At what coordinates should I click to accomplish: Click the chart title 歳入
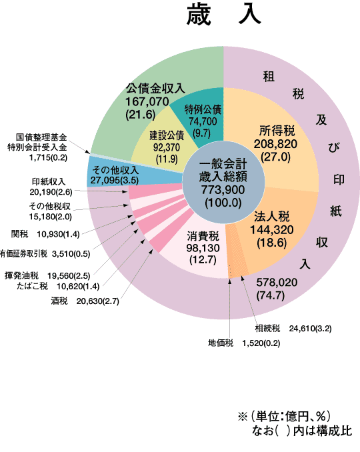click(x=224, y=15)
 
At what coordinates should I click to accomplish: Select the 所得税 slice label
click(x=277, y=131)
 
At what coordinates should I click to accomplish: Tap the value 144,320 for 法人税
click(x=271, y=230)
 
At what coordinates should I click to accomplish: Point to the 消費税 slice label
click(x=203, y=236)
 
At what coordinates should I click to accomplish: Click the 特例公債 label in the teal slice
click(x=203, y=109)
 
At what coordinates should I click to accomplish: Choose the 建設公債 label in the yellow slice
click(x=167, y=135)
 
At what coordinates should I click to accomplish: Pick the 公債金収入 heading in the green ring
click(x=155, y=88)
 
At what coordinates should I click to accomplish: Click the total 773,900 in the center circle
click(x=223, y=190)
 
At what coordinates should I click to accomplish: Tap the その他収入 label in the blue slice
click(x=115, y=170)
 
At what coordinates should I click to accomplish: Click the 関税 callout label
click(x=19, y=234)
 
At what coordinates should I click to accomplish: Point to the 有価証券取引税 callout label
click(x=23, y=254)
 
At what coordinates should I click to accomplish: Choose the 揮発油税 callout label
click(x=21, y=275)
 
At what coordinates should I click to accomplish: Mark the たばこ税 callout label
click(x=32, y=286)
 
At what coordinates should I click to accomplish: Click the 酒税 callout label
click(x=59, y=301)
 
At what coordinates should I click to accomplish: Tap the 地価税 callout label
click(x=221, y=343)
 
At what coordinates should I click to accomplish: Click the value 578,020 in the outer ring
click(x=277, y=283)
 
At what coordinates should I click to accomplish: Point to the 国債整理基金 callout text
click(x=41, y=137)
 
